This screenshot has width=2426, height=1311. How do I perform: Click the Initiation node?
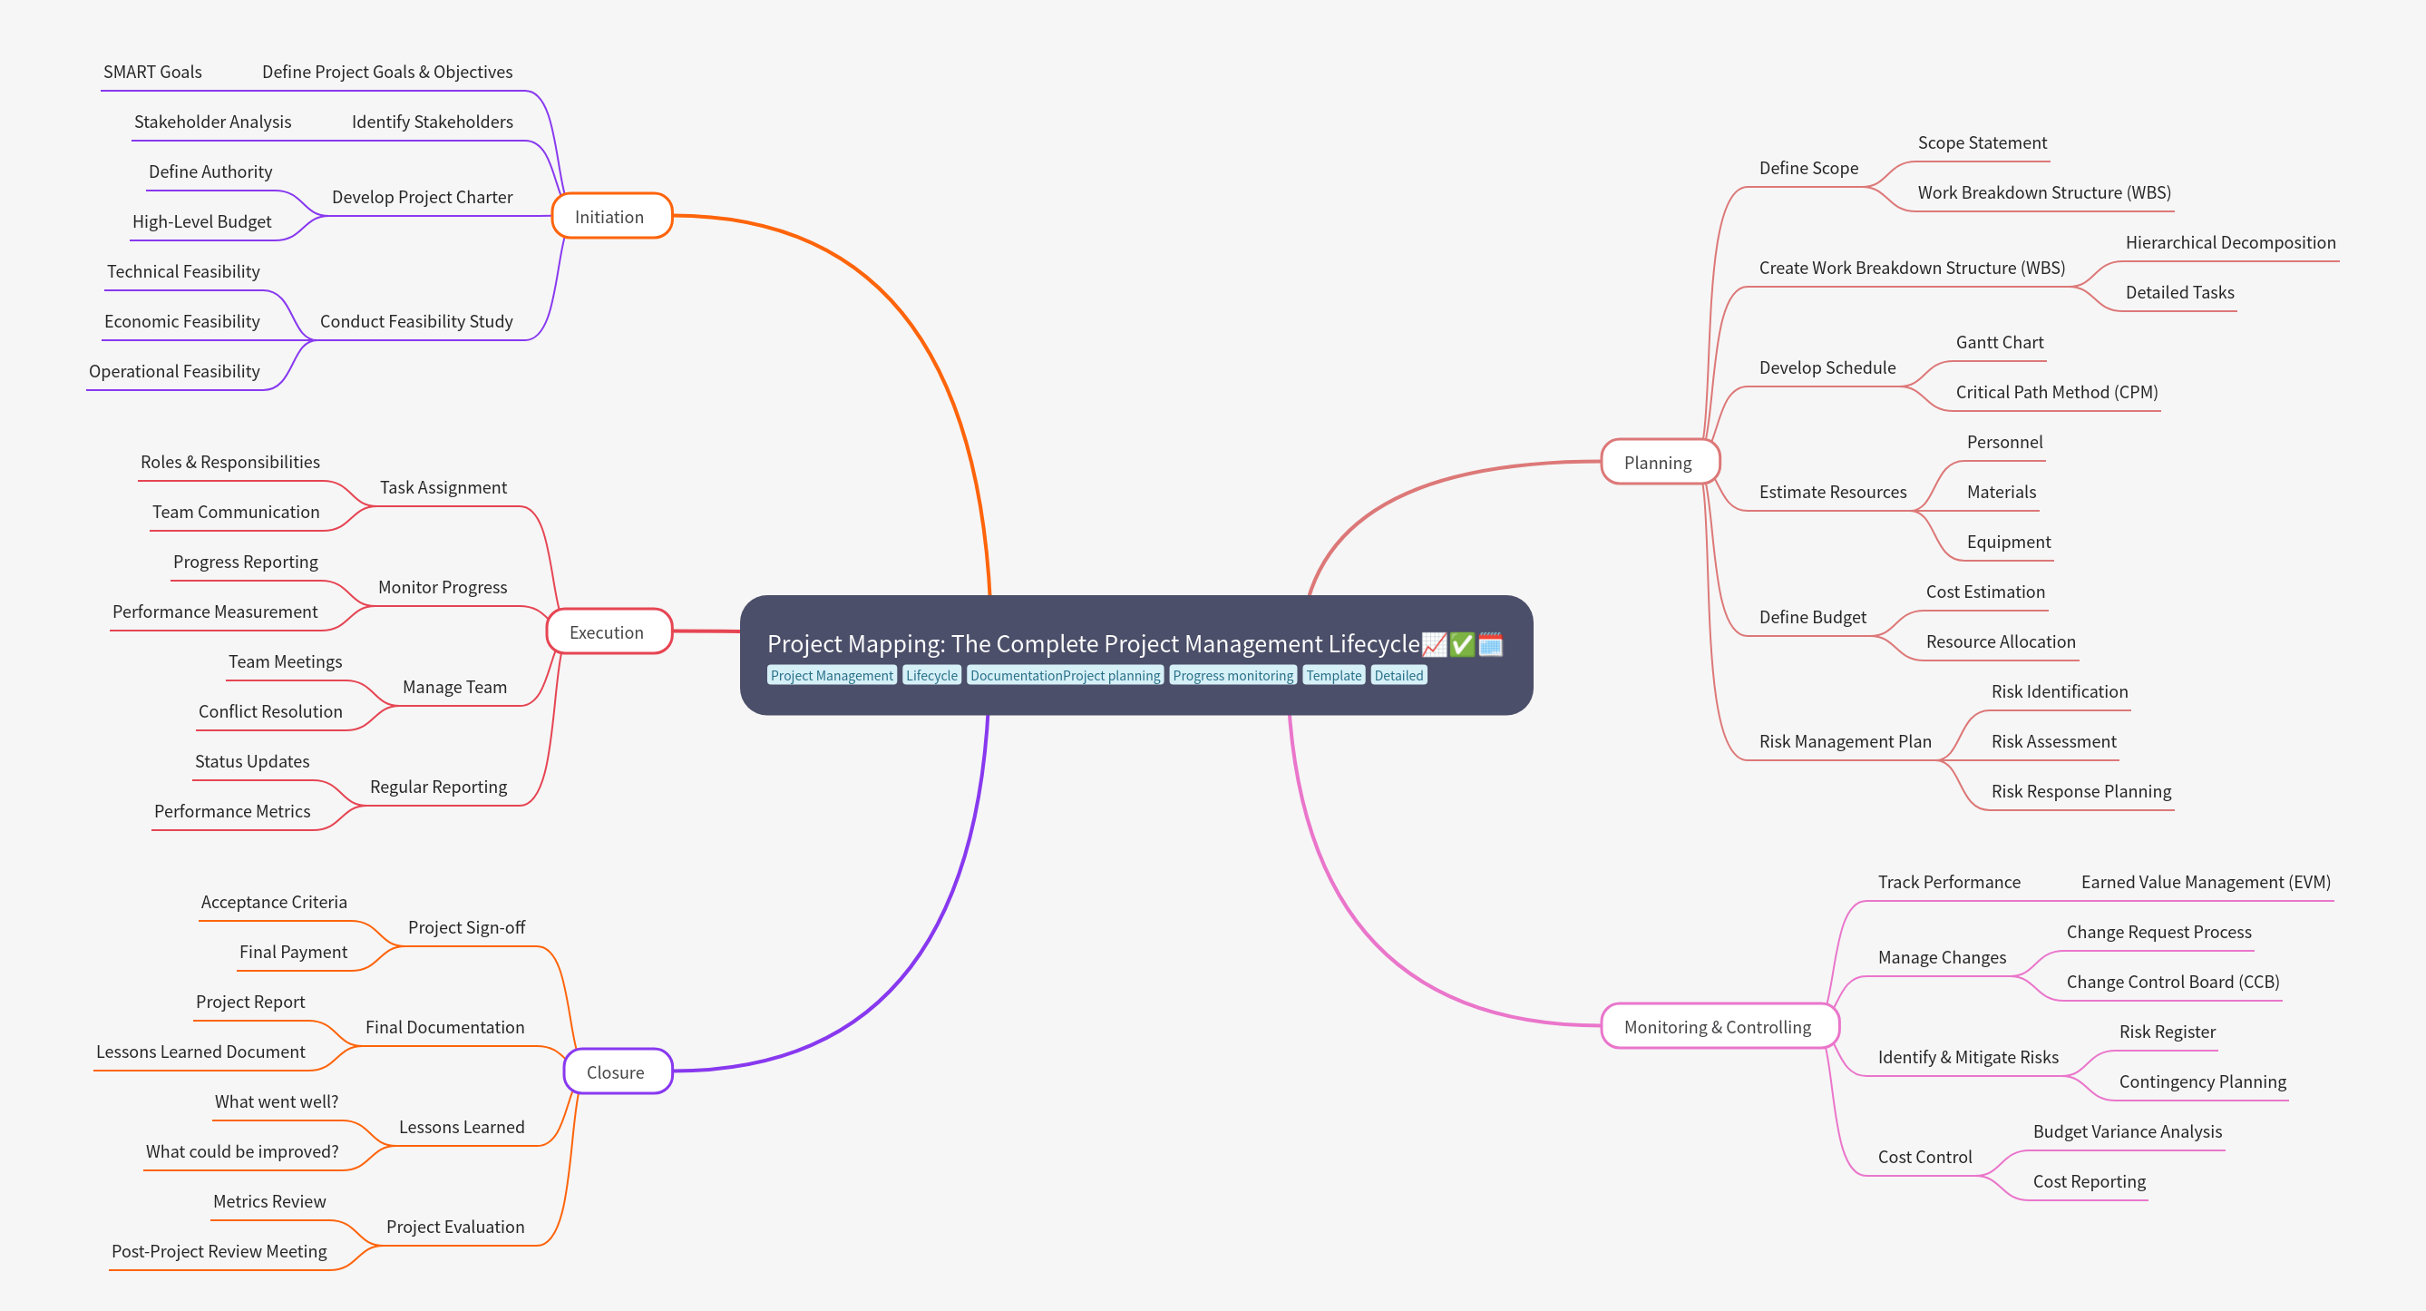click(x=610, y=217)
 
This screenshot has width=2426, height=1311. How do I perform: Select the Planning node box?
click(x=1659, y=463)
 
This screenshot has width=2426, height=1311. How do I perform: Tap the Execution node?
click(x=608, y=632)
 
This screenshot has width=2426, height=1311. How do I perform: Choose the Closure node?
click(x=616, y=1071)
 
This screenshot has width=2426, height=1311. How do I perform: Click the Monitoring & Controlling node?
click(x=1718, y=1027)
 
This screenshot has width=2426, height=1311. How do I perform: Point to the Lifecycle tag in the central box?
click(x=931, y=675)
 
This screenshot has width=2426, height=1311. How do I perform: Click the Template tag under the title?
click(x=1333, y=675)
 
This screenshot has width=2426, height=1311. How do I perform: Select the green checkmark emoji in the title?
click(x=1462, y=644)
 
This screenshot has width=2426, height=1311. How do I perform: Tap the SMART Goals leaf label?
click(x=152, y=73)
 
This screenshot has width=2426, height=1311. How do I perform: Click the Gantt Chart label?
click(x=2000, y=343)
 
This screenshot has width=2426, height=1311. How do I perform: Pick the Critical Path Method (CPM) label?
click(x=2057, y=393)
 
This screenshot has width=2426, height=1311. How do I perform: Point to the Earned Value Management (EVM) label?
click(x=2206, y=883)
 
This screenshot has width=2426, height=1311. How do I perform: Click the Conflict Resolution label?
click(x=270, y=712)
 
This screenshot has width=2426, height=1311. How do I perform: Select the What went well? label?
click(x=276, y=1102)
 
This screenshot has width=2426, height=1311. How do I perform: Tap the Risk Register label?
click(x=2167, y=1032)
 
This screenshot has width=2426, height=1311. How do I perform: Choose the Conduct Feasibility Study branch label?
click(x=416, y=322)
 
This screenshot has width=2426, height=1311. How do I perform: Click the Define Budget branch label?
click(x=1812, y=618)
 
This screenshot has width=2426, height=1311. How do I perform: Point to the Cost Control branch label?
click(x=1924, y=1158)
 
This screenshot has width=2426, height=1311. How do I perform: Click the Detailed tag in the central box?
click(x=1398, y=675)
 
